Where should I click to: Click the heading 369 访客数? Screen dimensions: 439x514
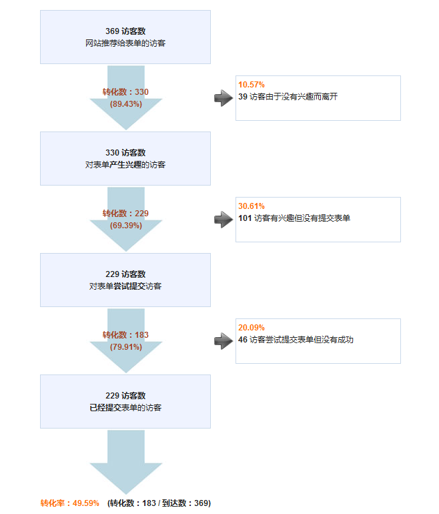(x=125, y=31)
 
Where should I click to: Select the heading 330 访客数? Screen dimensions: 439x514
(x=125, y=153)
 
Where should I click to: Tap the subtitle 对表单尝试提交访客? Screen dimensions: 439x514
(x=125, y=286)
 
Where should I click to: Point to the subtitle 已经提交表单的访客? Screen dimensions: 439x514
(x=125, y=407)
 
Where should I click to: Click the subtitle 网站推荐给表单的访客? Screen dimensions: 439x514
(x=125, y=43)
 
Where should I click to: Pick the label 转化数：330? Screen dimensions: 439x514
(x=125, y=92)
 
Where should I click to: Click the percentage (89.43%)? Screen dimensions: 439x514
(x=126, y=104)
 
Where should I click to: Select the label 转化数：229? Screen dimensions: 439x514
(x=125, y=214)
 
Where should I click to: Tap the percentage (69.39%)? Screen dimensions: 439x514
(x=126, y=226)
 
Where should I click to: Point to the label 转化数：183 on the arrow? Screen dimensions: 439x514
(x=125, y=334)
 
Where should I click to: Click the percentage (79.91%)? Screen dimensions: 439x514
(x=126, y=347)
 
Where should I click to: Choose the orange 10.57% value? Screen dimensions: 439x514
(x=252, y=85)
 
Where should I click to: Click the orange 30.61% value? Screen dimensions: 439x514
(x=252, y=206)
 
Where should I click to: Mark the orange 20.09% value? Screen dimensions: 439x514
(x=252, y=328)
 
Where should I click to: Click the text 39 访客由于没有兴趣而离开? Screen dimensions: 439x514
(x=288, y=97)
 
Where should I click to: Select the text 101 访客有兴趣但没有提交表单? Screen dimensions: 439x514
(x=294, y=218)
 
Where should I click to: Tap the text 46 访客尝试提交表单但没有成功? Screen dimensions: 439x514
(x=296, y=340)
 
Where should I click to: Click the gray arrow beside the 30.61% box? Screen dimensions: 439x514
(x=224, y=220)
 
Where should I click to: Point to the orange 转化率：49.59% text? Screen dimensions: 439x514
(x=70, y=503)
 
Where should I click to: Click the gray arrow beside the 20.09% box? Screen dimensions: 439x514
(x=224, y=341)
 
